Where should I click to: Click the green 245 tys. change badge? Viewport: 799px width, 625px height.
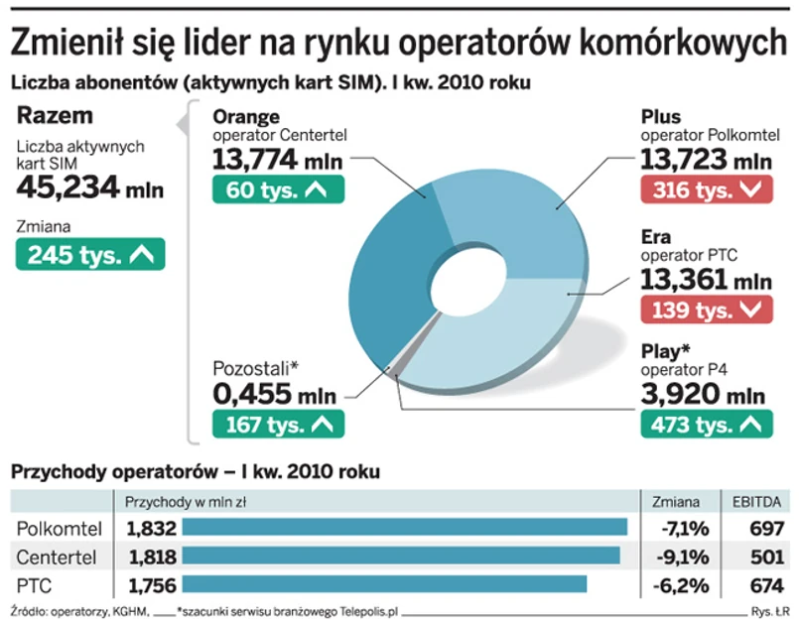[x=90, y=255]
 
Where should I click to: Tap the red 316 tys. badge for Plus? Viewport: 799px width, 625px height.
[x=706, y=189]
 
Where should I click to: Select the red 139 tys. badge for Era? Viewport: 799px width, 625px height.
[x=706, y=310]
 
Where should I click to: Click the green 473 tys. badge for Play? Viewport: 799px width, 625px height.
[x=706, y=425]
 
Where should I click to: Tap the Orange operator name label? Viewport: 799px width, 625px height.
[x=247, y=117]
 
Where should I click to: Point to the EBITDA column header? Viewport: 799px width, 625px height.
[x=758, y=501]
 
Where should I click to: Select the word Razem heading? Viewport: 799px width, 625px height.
[x=56, y=115]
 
